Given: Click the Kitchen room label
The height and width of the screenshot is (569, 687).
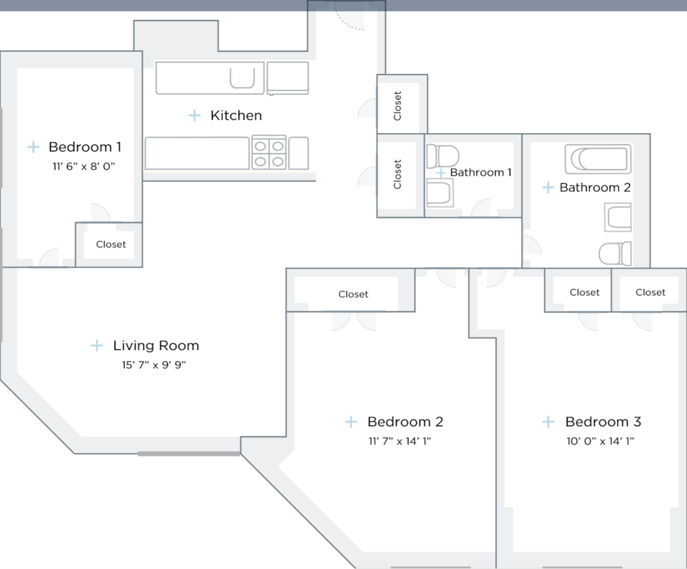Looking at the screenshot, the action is [x=236, y=116].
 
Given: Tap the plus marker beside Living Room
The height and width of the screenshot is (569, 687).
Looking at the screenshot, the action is [x=97, y=345].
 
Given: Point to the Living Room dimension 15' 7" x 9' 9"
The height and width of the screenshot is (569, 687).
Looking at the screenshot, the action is [x=154, y=365].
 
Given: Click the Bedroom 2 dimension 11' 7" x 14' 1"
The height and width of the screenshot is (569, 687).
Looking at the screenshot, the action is [x=400, y=441].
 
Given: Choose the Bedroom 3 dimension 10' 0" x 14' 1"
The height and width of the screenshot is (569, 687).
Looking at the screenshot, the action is [x=600, y=441].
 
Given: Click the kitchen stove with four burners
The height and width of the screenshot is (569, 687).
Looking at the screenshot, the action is [x=269, y=153].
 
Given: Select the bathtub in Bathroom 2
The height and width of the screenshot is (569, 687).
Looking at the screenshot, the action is [x=598, y=159].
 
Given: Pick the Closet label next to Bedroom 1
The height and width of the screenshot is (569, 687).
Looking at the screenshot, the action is [x=111, y=244].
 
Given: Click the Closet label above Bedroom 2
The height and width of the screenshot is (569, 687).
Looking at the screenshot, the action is [x=353, y=294].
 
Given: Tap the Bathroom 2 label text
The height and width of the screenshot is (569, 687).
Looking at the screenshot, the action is [x=595, y=187].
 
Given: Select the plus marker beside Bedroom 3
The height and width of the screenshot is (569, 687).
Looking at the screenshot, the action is [x=548, y=422].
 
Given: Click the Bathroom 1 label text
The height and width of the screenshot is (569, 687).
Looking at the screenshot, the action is [x=481, y=172].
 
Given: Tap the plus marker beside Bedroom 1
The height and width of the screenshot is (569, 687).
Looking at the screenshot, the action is [x=34, y=147].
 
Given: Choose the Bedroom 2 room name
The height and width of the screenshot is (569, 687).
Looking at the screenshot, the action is [x=405, y=422].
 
